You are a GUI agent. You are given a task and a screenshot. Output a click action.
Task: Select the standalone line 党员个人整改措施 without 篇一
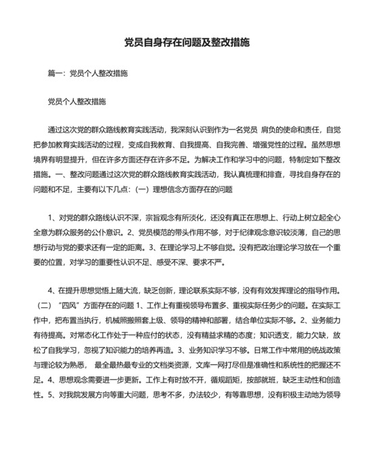pyautogui.click(x=76, y=102)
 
